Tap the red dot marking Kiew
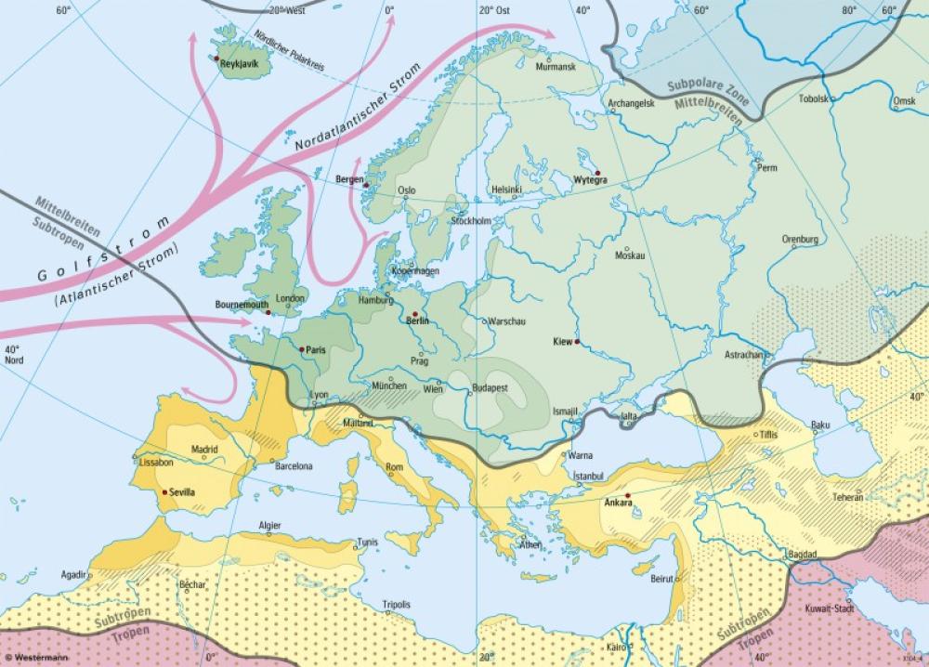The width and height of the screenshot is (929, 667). [x=578, y=342]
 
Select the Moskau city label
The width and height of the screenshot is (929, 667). [x=630, y=255]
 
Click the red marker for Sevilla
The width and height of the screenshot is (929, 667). [x=165, y=491]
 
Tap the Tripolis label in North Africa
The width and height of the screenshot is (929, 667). [x=397, y=604]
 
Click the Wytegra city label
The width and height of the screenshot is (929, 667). [x=591, y=180]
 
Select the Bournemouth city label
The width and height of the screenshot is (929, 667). [x=241, y=304]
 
